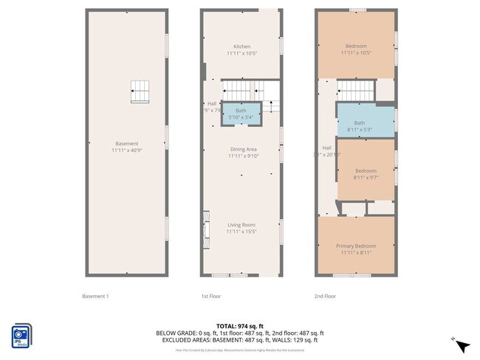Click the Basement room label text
click(126, 144)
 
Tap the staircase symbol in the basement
click(140, 91)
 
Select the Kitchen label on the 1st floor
click(241, 46)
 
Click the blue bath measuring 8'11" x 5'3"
click(360, 126)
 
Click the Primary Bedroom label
click(356, 246)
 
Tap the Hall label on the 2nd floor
click(326, 148)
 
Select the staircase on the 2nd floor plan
click(357, 91)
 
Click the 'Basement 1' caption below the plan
click(95, 297)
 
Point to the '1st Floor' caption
click(211, 297)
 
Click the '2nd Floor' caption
click(325, 297)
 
